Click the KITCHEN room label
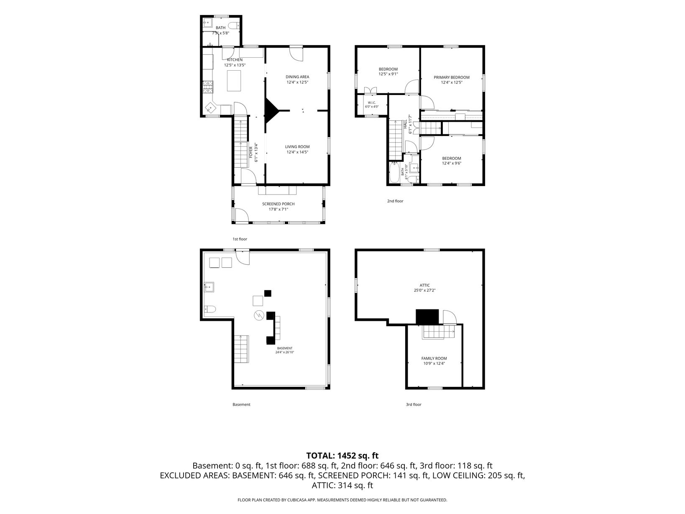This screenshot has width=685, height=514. [234, 60]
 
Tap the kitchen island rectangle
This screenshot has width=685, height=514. [234, 81]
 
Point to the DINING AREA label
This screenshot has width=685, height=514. [297, 77]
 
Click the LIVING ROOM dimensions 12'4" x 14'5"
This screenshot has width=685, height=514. [297, 152]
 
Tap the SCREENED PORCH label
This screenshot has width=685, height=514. [278, 204]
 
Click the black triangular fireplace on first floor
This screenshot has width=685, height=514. [272, 110]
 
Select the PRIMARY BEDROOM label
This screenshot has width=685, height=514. [451, 77]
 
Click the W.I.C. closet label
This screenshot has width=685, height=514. [371, 103]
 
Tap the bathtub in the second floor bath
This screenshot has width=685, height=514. [394, 173]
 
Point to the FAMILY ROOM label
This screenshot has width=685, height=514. [434, 358]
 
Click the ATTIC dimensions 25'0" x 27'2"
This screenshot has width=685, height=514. [424, 290]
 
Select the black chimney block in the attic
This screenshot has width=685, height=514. [427, 317]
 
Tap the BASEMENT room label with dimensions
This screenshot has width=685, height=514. [285, 350]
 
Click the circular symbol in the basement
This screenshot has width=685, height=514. [258, 315]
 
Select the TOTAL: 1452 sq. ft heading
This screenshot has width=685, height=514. [342, 455]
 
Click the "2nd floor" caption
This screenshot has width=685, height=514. [395, 201]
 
